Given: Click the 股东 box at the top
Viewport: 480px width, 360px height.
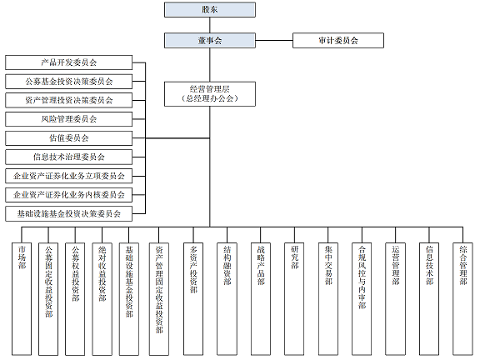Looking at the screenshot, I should [x=209, y=11].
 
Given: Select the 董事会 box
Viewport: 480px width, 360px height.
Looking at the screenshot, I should [x=209, y=40].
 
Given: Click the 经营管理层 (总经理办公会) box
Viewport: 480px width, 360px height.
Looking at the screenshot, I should [x=209, y=93].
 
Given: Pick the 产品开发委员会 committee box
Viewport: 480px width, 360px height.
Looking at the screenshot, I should [x=68, y=62].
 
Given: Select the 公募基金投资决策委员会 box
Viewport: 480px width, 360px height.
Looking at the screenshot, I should [x=68, y=82].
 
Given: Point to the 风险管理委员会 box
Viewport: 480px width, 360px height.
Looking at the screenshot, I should [x=68, y=119].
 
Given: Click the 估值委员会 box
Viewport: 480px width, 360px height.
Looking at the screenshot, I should [x=68, y=138].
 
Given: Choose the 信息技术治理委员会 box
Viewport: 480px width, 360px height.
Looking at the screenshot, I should [x=68, y=157].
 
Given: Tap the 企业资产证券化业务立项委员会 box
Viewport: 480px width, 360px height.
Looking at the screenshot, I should [x=68, y=176].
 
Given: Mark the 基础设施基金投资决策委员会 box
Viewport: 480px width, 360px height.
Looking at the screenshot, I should [x=68, y=213].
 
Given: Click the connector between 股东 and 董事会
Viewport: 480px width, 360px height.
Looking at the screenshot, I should [x=209, y=25].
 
